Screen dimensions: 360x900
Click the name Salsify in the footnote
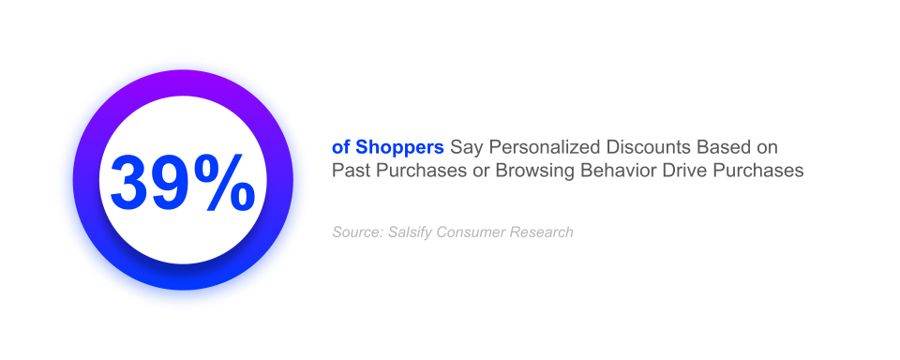point(410,232)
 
